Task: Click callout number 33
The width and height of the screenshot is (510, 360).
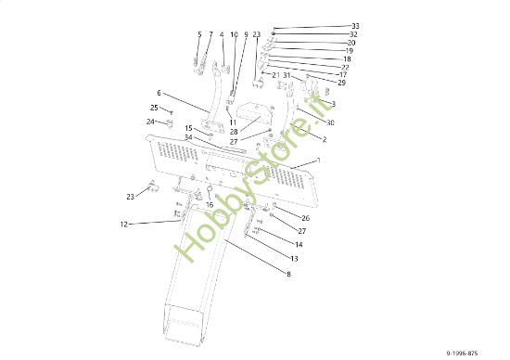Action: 355,26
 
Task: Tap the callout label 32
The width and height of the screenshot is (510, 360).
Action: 353,34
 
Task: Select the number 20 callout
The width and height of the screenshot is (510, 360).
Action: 351,43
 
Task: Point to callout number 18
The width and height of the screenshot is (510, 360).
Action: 347,58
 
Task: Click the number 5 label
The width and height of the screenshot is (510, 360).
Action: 198,35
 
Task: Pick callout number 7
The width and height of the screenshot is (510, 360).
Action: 210,35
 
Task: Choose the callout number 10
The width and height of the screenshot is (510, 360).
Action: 234,35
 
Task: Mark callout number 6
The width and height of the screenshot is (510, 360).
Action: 159,93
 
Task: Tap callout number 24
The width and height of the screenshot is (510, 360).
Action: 150,122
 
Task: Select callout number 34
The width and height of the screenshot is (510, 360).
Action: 189,137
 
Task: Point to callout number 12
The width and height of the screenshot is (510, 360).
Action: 123,224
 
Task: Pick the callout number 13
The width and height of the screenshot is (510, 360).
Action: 294,258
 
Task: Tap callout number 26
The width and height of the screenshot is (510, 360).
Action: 305,218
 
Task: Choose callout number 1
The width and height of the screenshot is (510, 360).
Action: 318,161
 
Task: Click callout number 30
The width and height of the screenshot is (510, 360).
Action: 330,122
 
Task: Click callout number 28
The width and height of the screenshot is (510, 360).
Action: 234,131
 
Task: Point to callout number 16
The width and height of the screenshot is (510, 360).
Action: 210,204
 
